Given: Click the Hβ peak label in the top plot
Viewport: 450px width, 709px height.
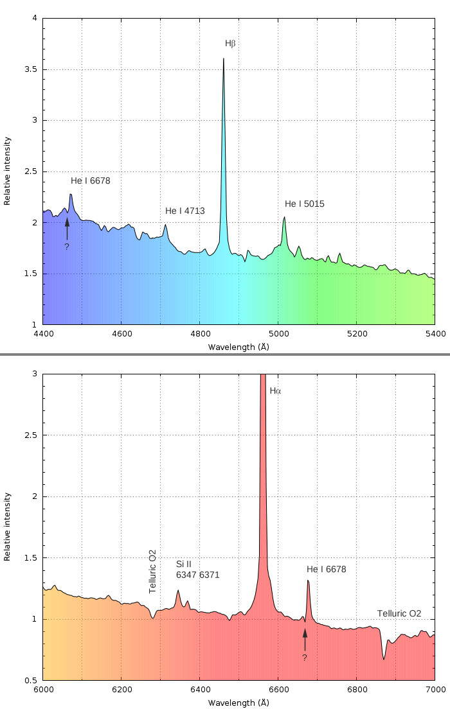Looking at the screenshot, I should pos(231,44).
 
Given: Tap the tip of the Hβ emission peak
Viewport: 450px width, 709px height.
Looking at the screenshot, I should pos(223,58).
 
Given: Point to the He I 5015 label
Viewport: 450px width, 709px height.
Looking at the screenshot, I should pos(305,204).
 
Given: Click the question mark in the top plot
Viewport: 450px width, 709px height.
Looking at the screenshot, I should pos(66,247).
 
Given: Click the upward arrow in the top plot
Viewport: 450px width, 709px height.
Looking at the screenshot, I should pos(67,229).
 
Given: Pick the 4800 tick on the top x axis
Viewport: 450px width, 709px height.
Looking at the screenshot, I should pos(199,334).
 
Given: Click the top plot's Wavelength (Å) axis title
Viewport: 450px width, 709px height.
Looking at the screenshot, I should pos(239,347).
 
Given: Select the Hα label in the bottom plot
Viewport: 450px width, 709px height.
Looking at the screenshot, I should pos(275,390).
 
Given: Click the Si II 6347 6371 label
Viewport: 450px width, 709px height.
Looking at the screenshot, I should pos(197,570).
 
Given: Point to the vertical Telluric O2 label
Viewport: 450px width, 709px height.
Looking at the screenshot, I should pos(152,571).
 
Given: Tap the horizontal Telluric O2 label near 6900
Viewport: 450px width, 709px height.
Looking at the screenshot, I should pos(399,613).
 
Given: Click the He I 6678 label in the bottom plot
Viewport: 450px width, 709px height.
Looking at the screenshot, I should pos(326,569).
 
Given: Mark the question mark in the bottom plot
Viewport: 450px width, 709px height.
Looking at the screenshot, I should pos(304,658).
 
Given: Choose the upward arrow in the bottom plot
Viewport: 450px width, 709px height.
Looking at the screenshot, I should pos(305,640).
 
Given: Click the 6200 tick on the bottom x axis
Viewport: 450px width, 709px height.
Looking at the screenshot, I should pos(121,690).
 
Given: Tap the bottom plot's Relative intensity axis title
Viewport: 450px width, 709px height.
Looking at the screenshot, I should pos(8,527).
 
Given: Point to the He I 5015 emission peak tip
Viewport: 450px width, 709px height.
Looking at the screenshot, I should pos(284,217).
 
